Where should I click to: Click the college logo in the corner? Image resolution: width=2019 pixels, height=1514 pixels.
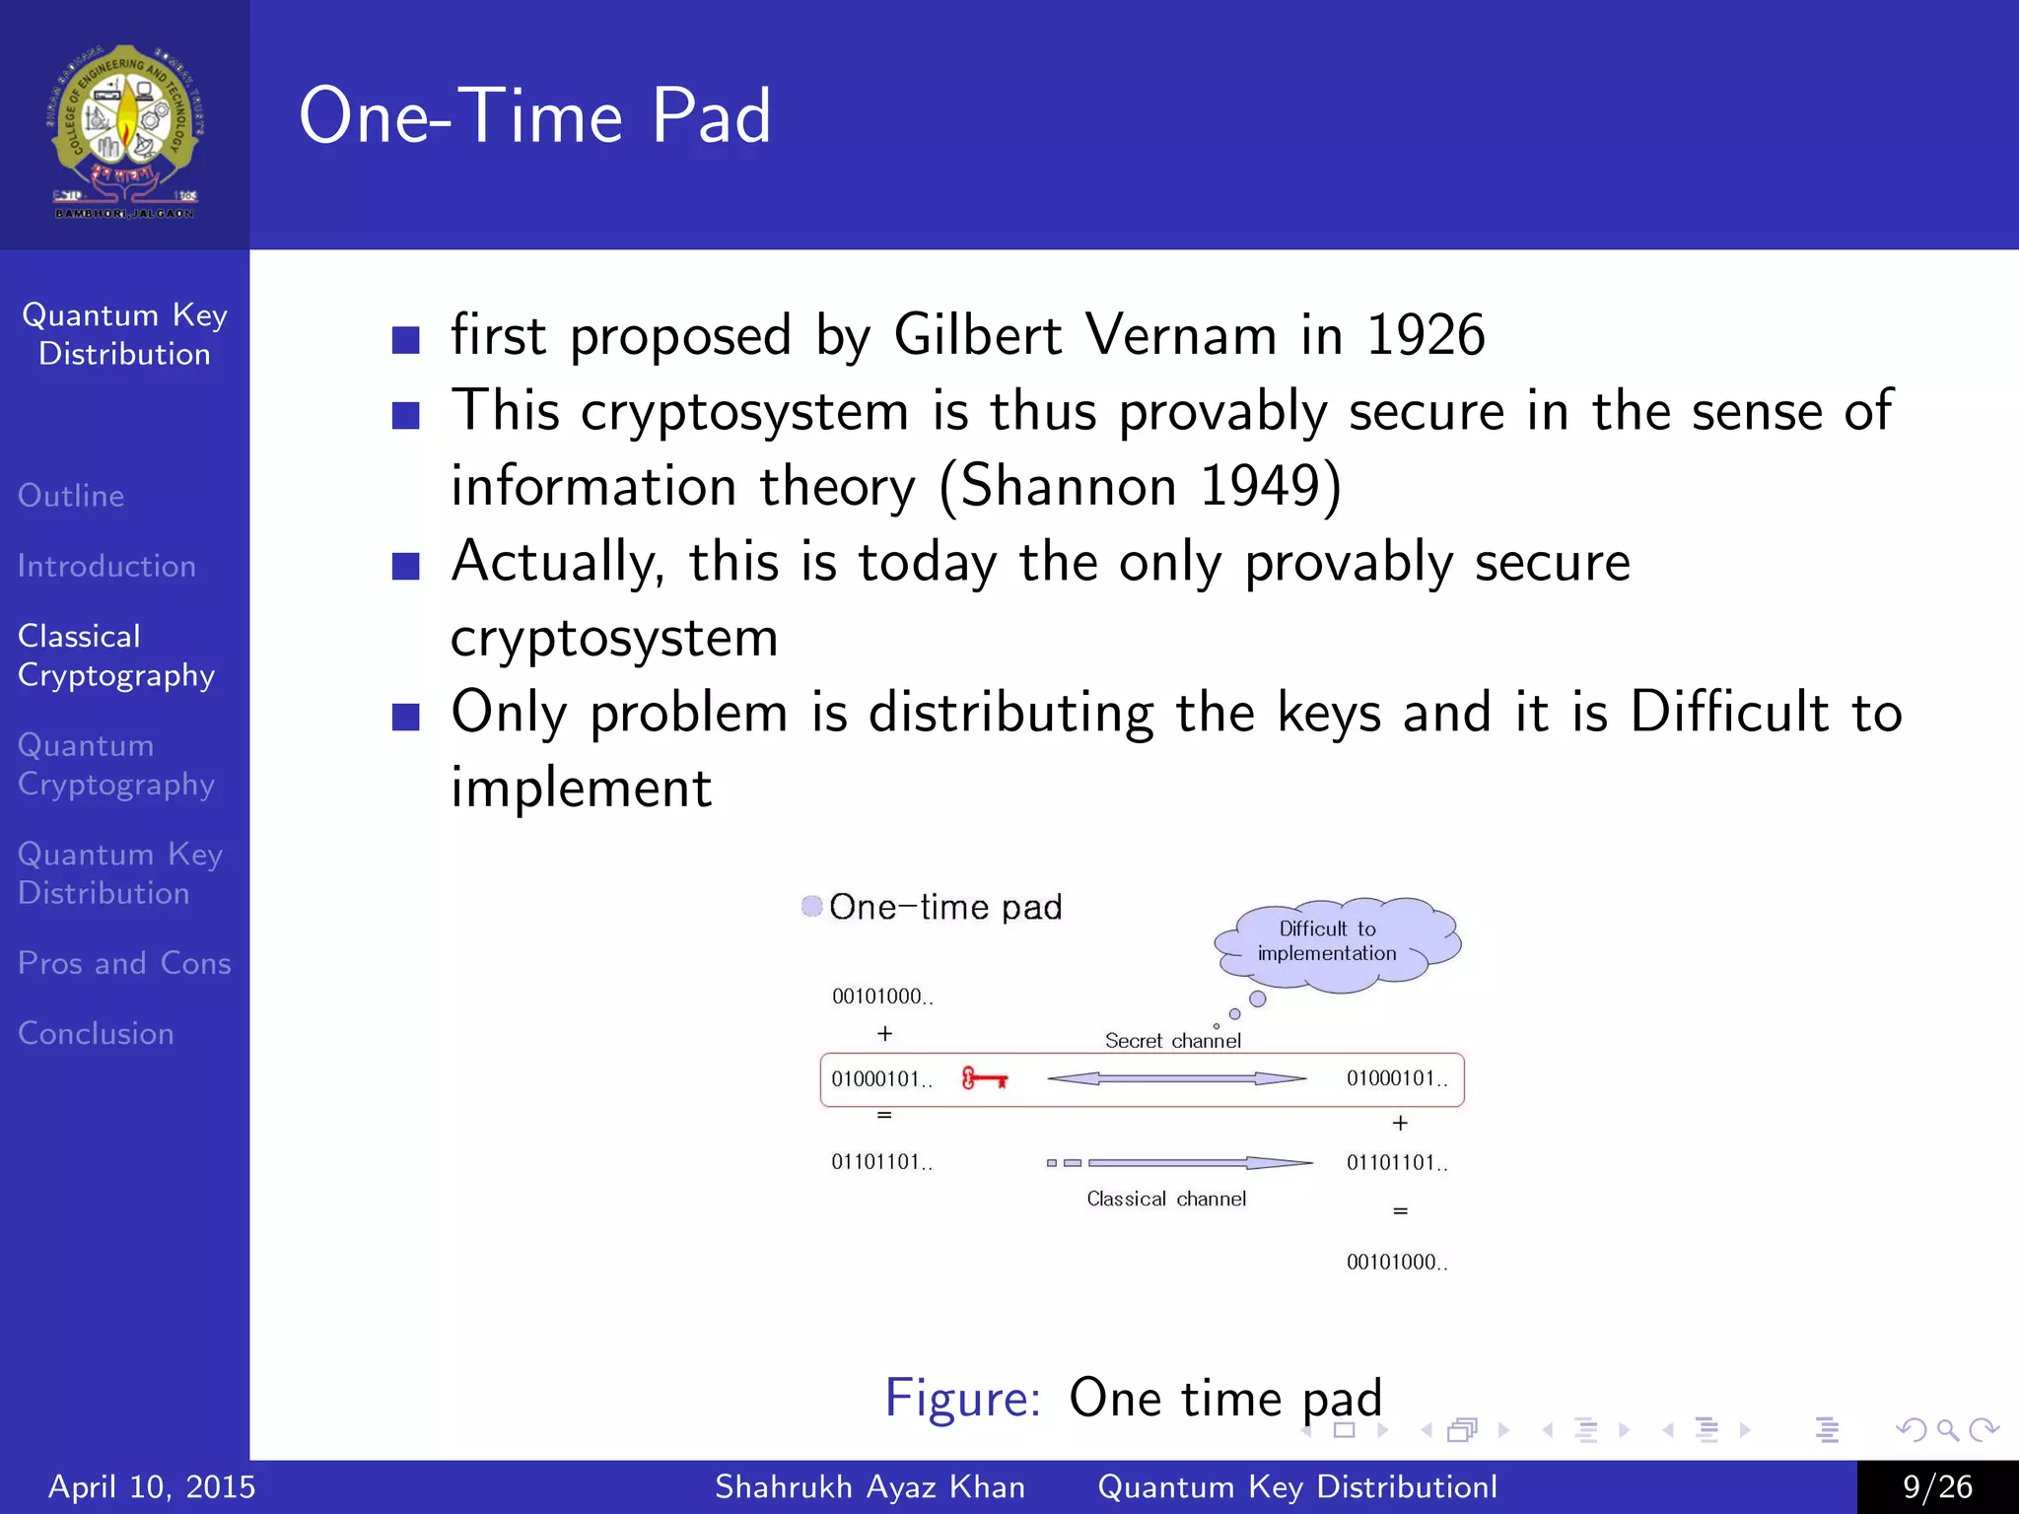coord(124,130)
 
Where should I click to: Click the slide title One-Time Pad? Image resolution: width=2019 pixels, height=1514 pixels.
coord(534,116)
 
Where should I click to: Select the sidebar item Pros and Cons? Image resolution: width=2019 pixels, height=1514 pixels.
coord(124,963)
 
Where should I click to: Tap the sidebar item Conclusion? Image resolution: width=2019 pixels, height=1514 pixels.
coord(96,1033)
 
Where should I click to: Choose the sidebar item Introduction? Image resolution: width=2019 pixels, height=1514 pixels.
coord(106,566)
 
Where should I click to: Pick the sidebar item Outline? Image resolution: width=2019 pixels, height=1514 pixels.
coord(71,495)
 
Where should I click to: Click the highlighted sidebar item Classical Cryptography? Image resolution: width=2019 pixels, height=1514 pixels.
coord(116,655)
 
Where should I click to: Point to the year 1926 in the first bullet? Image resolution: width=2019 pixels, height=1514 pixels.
coord(1425,335)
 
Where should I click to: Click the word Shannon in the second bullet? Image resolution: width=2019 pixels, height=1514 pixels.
coord(1069,486)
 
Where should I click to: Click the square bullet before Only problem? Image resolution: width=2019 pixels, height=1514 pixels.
coord(405,717)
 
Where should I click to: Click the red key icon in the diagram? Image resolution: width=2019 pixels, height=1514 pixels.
coord(984,1078)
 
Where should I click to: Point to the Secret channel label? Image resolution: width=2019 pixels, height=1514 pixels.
coord(1172,1041)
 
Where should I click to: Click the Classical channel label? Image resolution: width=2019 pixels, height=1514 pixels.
coord(1166,1199)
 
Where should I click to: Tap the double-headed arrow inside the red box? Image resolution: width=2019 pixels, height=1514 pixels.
coord(1176,1078)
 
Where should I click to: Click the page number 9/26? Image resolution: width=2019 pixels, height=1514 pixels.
coord(1937,1486)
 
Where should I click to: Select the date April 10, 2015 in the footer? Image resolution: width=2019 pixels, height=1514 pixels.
coord(152,1486)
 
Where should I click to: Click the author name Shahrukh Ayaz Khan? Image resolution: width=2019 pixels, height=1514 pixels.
coord(870,1486)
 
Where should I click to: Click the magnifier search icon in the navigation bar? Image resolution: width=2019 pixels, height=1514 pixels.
coord(1947,1429)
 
